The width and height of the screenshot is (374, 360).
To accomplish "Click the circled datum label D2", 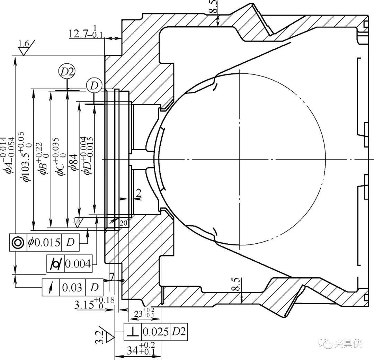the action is click(x=67, y=72).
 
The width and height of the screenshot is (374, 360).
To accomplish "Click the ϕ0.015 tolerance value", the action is click(x=44, y=242).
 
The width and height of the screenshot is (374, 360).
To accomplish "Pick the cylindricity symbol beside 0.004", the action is click(x=55, y=264).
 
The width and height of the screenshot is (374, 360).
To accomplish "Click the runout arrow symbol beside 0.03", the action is click(x=51, y=287).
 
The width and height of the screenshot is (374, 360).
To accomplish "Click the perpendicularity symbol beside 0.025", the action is click(x=133, y=332).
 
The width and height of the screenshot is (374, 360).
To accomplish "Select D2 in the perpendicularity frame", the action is click(x=178, y=332).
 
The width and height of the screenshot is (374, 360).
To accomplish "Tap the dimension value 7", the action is click(x=112, y=277).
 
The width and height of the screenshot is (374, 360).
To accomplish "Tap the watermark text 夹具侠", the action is click(x=348, y=344).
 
